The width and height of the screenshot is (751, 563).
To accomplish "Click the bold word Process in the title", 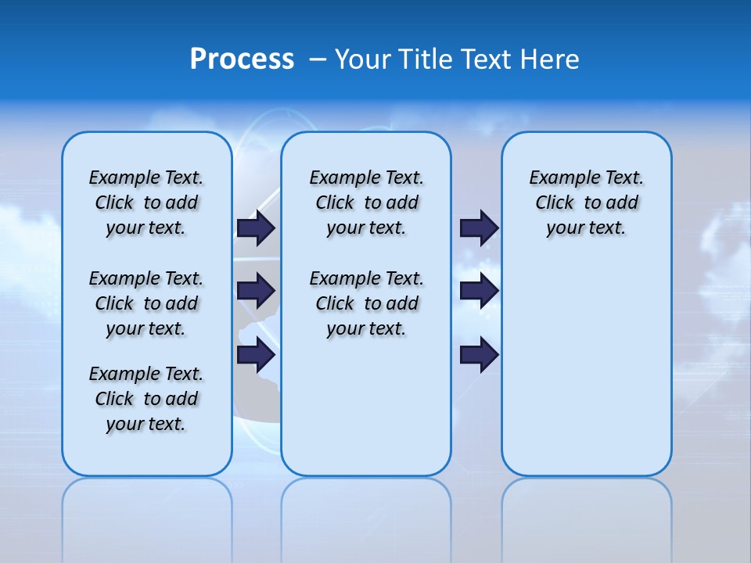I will pyautogui.click(x=242, y=59).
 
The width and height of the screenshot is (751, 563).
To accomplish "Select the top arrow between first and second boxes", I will pyautogui.click(x=256, y=228).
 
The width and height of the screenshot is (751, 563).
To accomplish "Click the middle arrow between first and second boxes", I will pyautogui.click(x=256, y=291).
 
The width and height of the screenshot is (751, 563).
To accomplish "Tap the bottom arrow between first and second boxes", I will pyautogui.click(x=256, y=355).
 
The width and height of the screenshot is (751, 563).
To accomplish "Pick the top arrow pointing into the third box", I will pyautogui.click(x=479, y=228).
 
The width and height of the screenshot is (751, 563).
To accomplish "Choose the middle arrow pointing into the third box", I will pyautogui.click(x=479, y=291).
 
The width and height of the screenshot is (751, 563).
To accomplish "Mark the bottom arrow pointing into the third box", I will pyautogui.click(x=479, y=355).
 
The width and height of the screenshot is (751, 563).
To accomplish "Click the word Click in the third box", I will pyautogui.click(x=555, y=203).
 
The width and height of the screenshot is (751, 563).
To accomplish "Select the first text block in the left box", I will pyautogui.click(x=146, y=203).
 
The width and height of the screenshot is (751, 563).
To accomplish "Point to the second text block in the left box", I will pyautogui.click(x=146, y=303).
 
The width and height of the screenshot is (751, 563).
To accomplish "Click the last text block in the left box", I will pyautogui.click(x=146, y=399).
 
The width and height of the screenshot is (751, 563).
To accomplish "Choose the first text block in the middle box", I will pyautogui.click(x=366, y=203).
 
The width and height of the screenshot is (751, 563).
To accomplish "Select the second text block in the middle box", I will pyautogui.click(x=366, y=303).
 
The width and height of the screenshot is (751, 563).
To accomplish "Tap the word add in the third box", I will pyautogui.click(x=623, y=203).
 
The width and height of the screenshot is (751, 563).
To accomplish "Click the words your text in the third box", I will pyautogui.click(x=586, y=228).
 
